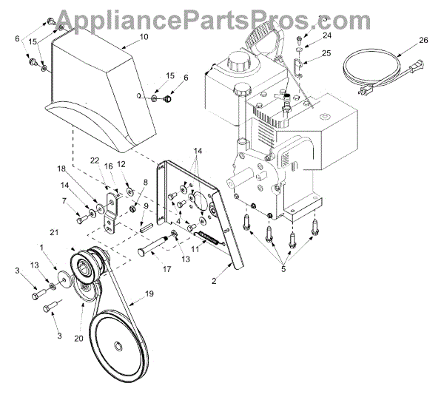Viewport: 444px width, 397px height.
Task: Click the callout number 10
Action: (144, 36)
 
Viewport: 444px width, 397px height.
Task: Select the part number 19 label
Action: (149, 293)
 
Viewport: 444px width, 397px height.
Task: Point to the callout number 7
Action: (64, 201)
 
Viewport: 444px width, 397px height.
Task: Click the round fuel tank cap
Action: (238, 56)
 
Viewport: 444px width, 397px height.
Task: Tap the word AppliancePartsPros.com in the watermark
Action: (221, 15)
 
